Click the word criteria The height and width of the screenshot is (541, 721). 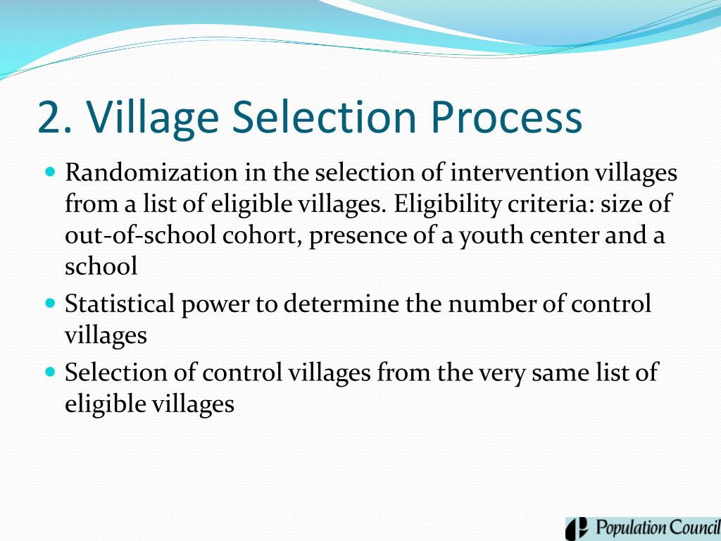click(x=540, y=204)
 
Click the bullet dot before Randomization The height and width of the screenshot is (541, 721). click(x=50, y=172)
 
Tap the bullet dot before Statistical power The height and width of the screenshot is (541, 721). click(x=50, y=303)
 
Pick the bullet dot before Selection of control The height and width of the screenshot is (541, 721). click(x=50, y=371)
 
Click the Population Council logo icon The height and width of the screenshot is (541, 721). click(x=576, y=528)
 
